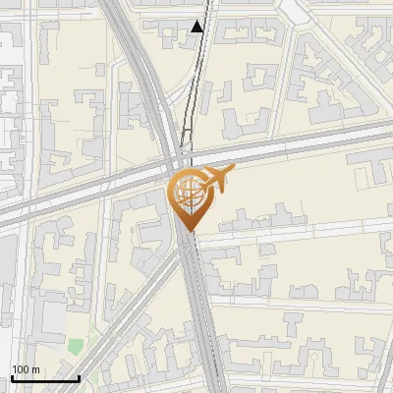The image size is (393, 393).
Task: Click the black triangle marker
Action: [x=197, y=27]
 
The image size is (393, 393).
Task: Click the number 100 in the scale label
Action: [x=21, y=369]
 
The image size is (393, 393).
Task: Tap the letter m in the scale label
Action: [x=34, y=369]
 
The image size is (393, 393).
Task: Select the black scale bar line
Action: [x=45, y=378]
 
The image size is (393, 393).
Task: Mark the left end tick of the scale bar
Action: [x=12, y=377]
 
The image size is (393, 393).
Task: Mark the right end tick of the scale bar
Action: [x=79, y=377]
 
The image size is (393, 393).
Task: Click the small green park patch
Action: [x=76, y=347]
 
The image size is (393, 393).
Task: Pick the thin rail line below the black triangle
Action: [x=195, y=79]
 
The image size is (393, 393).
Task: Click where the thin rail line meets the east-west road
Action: [x=186, y=157]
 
